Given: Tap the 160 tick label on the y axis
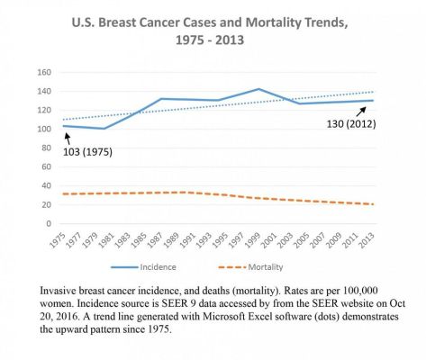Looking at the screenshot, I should [x=42, y=72].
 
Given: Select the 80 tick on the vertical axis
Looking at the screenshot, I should [x=45, y=148].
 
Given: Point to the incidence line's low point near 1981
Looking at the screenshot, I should [x=104, y=129].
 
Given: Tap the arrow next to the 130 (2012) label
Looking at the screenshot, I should [x=364, y=109].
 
